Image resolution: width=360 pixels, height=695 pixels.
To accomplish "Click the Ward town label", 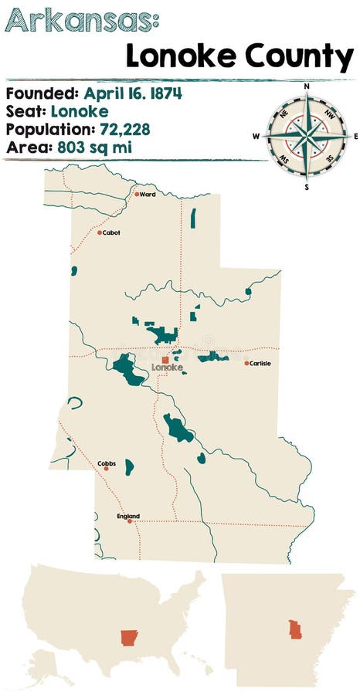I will [x=148, y=195].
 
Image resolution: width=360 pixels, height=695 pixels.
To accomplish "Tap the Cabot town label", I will [x=111, y=232].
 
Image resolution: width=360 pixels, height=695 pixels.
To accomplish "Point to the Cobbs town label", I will [x=107, y=463].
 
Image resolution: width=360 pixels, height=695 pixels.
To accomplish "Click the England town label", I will [x=128, y=516].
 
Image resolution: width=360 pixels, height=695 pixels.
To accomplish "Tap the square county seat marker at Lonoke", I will [x=165, y=359].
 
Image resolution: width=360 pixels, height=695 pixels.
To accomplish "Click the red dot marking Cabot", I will [x=100, y=232].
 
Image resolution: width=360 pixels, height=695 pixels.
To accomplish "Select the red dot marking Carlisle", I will [x=247, y=363].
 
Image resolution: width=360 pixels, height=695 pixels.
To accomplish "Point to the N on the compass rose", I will [x=307, y=86].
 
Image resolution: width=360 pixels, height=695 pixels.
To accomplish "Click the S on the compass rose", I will [x=307, y=186].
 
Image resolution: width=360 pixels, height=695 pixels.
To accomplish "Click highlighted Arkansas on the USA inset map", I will [x=127, y=638].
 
